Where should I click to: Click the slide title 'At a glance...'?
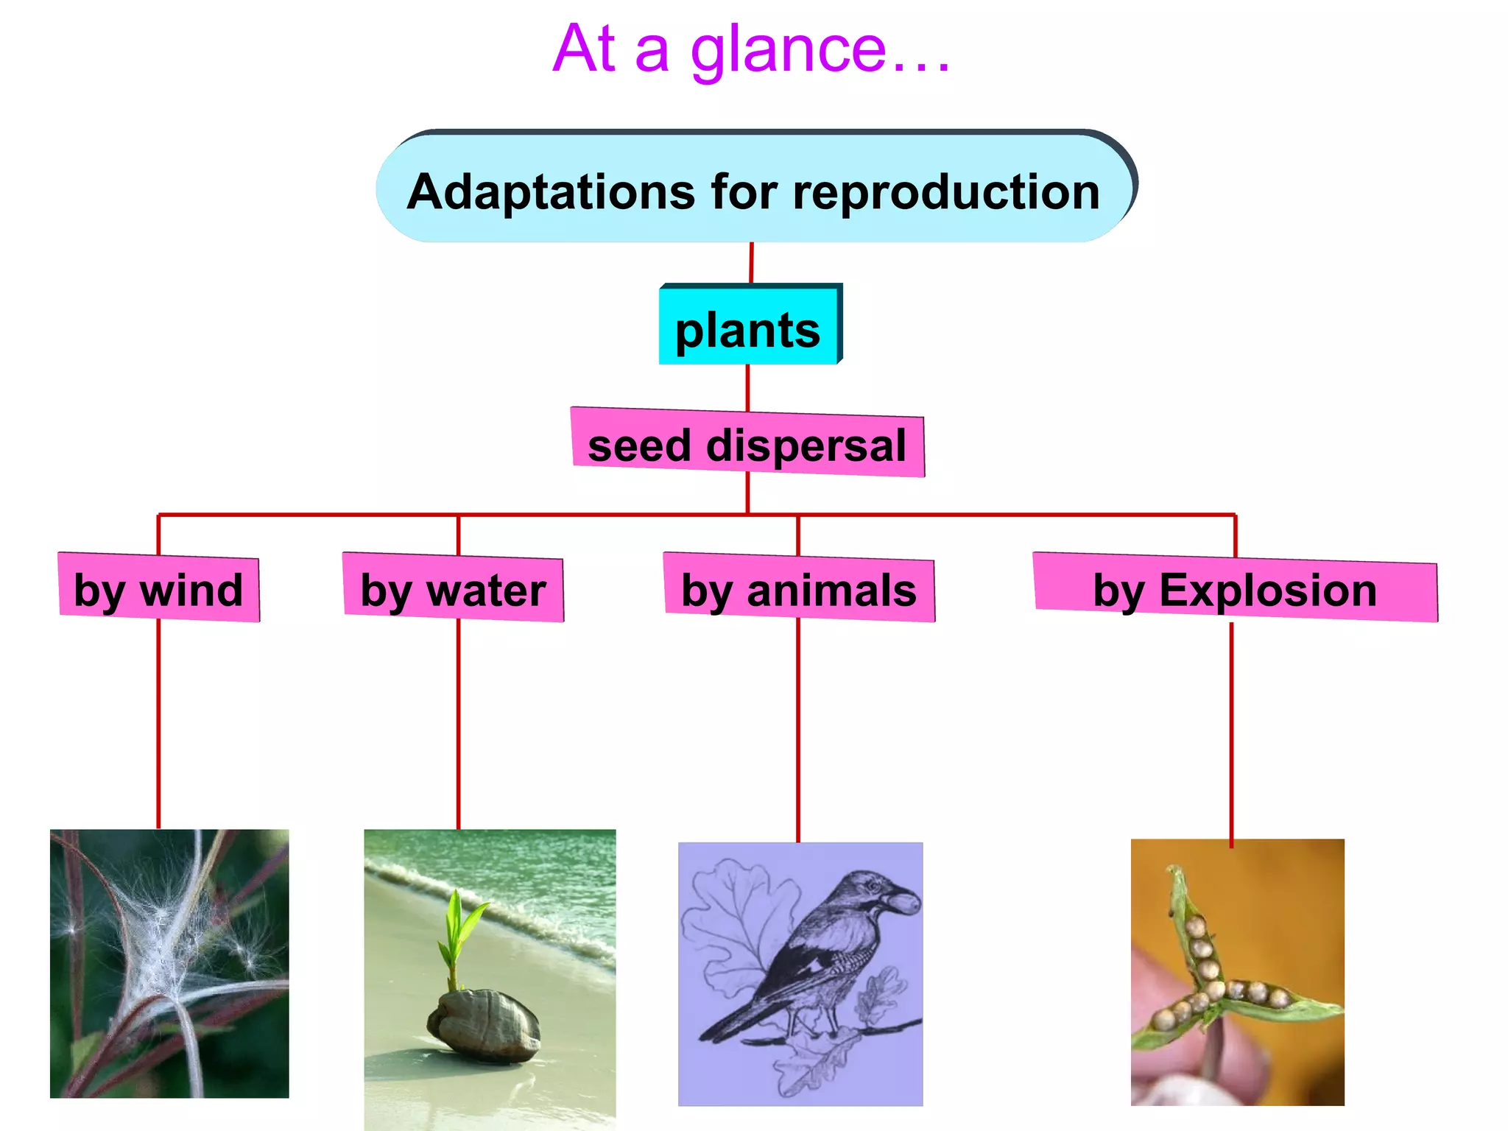[x=751, y=50]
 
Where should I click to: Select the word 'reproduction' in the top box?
[x=945, y=193]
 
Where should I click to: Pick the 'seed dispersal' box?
[x=747, y=445]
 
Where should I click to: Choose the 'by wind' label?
[x=158, y=589]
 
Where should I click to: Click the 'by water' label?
[x=453, y=589]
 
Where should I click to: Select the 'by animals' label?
[x=799, y=589]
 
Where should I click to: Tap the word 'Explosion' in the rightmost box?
[x=1267, y=591]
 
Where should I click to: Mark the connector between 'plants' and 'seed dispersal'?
[x=748, y=387]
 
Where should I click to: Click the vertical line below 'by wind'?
[x=158, y=725]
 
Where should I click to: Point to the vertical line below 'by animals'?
[x=798, y=729]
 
